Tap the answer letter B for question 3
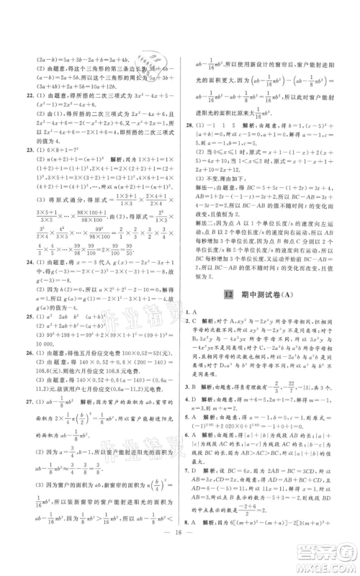coord(196,405)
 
